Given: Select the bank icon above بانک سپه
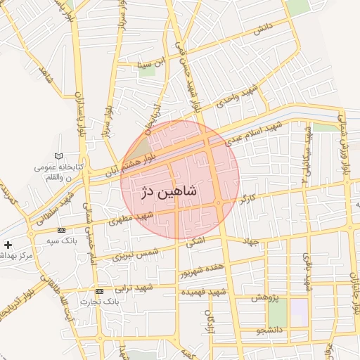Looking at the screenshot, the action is tap(61, 230).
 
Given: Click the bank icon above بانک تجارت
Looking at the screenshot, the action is tap(98, 291).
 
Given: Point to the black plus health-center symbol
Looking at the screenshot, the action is tap(8, 245).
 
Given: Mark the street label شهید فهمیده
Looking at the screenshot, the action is tap(202, 291).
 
